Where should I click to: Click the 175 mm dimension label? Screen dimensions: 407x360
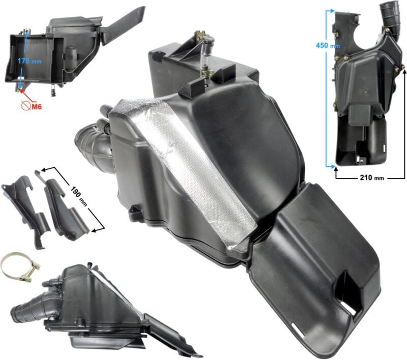(x=30, y=61)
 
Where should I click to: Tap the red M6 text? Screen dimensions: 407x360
(x=37, y=106)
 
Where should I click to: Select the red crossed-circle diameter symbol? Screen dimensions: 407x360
(x=26, y=106)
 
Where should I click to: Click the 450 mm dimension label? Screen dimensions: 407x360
(x=328, y=45)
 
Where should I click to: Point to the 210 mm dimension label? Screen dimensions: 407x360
(x=372, y=177)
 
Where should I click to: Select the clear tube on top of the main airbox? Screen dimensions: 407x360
(x=205, y=55)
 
